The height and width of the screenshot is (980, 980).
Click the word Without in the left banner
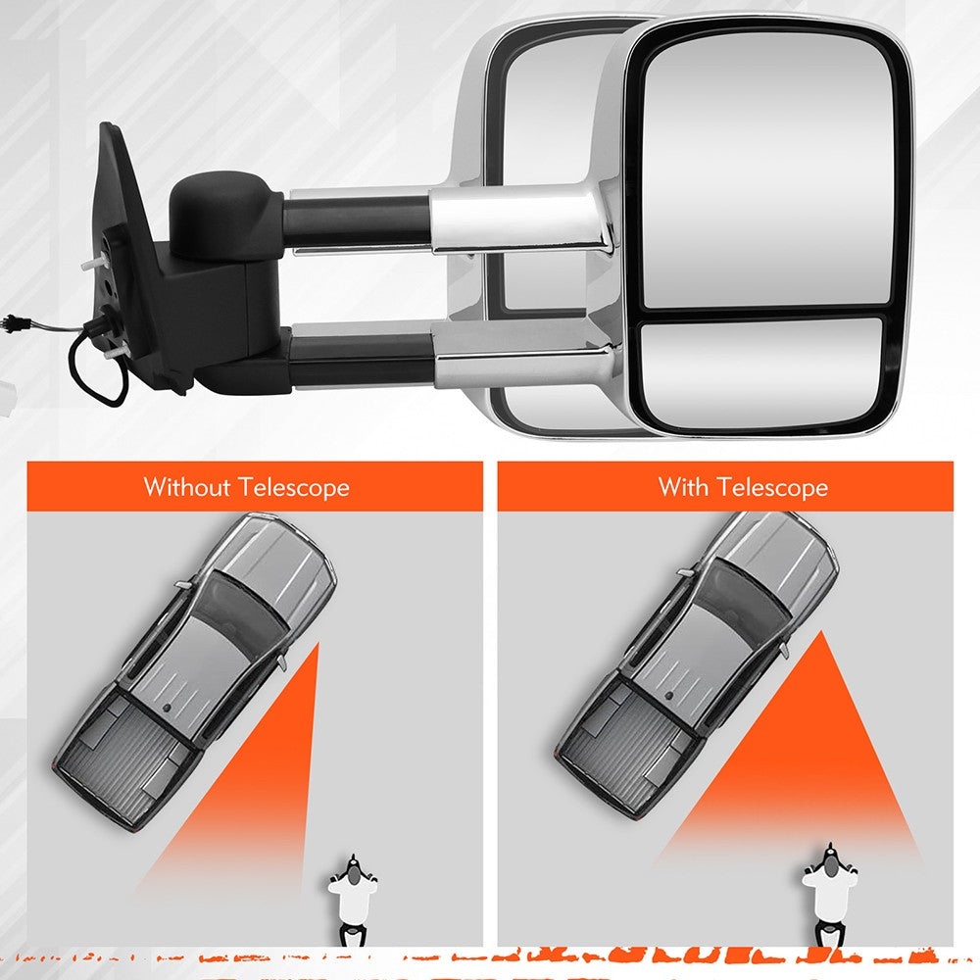click(x=187, y=487)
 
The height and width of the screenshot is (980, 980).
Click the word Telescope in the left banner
click(x=294, y=487)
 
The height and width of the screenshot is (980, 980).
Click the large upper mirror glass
click(x=768, y=169)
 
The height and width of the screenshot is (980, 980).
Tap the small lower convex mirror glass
click(x=761, y=372)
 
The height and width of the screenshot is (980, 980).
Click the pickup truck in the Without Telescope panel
click(x=194, y=672)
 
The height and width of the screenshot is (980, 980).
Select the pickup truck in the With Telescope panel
click(x=697, y=665)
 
